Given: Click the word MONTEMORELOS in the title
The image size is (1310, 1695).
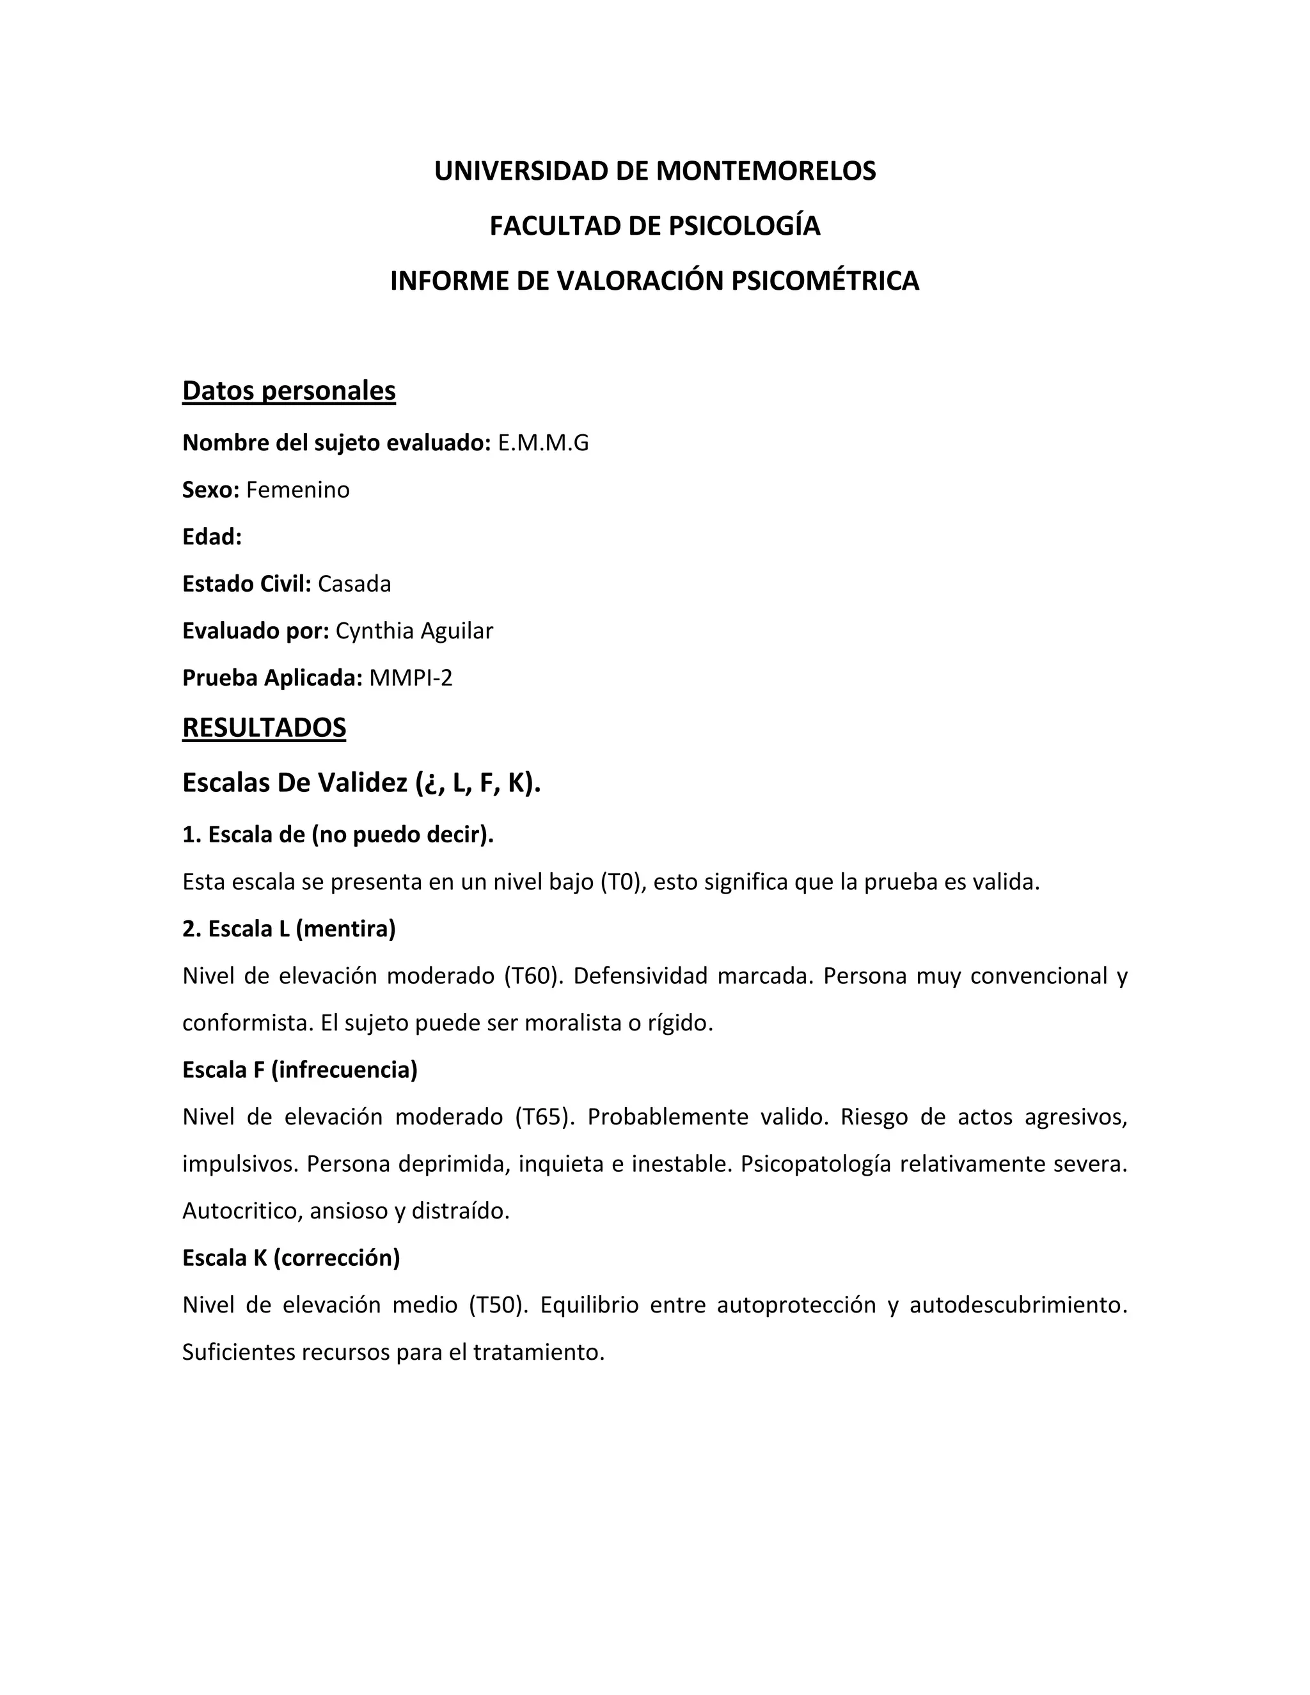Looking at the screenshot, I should (x=765, y=171).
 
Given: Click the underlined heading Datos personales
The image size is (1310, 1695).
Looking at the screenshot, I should (x=288, y=390).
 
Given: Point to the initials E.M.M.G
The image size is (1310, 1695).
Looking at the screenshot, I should (x=543, y=443).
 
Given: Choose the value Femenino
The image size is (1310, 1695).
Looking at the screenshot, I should (x=298, y=490).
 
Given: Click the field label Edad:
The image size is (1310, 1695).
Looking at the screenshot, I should (x=212, y=537).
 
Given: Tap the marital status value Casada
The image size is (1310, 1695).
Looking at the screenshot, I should (x=354, y=583).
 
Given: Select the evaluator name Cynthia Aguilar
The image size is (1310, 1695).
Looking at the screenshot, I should (x=414, y=631).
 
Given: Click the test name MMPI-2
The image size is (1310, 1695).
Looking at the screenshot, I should (x=411, y=677).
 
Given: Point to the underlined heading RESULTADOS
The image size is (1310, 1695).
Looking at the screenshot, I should (x=264, y=727).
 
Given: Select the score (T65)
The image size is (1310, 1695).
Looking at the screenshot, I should (x=545, y=1117).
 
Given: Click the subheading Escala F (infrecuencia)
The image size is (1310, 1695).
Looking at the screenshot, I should (x=299, y=1069).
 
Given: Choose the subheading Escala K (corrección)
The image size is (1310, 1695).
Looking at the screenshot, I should (x=291, y=1257).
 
